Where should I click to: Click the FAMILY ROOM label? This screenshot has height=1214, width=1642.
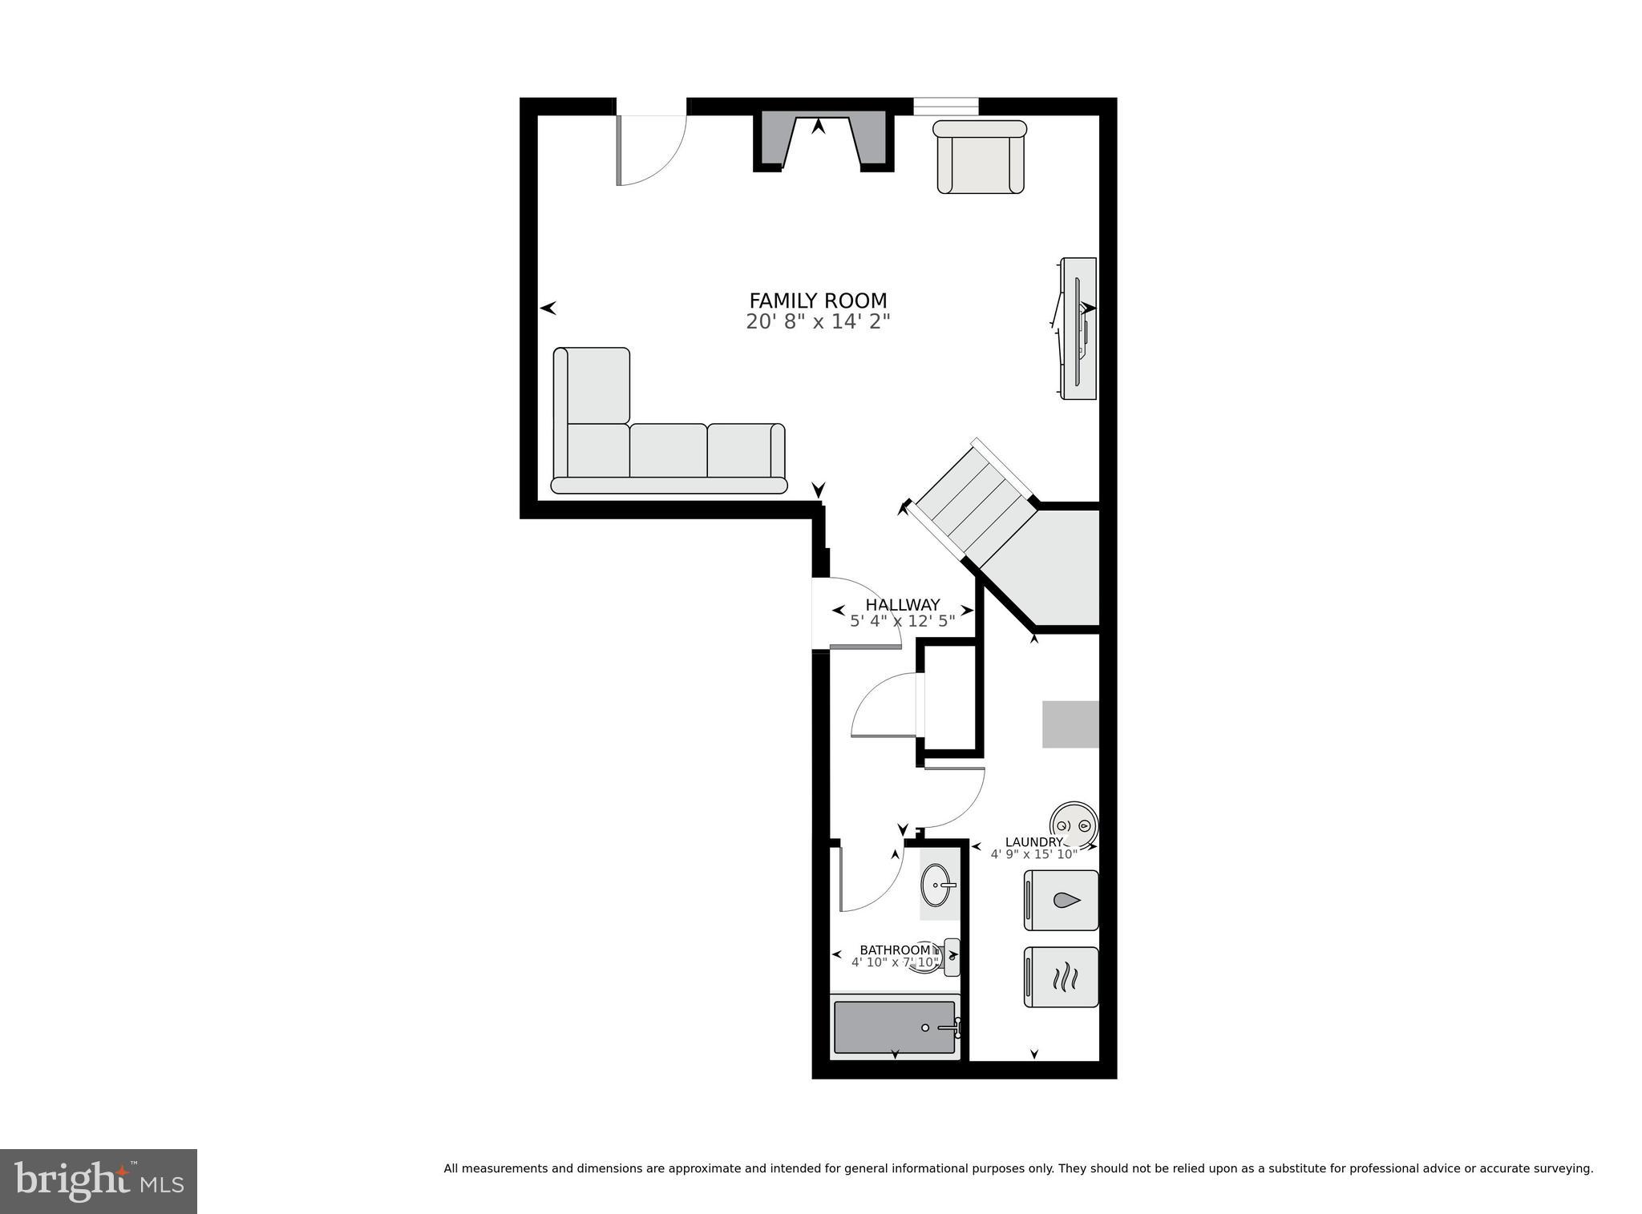pyautogui.click(x=818, y=300)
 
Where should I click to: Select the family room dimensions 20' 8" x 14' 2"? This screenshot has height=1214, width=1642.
pyautogui.click(x=818, y=322)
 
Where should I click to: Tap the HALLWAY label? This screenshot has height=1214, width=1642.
pyautogui.click(x=902, y=605)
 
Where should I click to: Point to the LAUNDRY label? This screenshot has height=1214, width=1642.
pyautogui.click(x=1033, y=842)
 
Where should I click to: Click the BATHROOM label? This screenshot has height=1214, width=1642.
pyautogui.click(x=895, y=950)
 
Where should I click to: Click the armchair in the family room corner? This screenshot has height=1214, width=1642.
pyautogui.click(x=980, y=158)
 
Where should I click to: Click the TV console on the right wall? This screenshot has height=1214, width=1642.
pyautogui.click(x=1078, y=329)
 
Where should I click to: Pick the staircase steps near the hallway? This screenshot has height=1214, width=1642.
pyautogui.click(x=973, y=502)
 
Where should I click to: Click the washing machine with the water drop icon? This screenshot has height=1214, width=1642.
pyautogui.click(x=1061, y=900)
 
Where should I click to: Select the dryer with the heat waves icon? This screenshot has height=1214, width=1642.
pyautogui.click(x=1061, y=977)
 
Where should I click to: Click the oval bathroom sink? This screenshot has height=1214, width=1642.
pyautogui.click(x=938, y=886)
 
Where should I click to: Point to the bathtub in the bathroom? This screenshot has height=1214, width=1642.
pyautogui.click(x=894, y=1027)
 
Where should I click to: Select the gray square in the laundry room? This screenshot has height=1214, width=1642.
pyautogui.click(x=1070, y=724)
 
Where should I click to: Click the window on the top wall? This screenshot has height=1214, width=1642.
pyautogui.click(x=946, y=107)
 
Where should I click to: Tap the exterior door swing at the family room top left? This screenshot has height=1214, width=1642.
pyautogui.click(x=649, y=148)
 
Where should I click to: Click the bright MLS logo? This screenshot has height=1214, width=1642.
pyautogui.click(x=98, y=1180)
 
